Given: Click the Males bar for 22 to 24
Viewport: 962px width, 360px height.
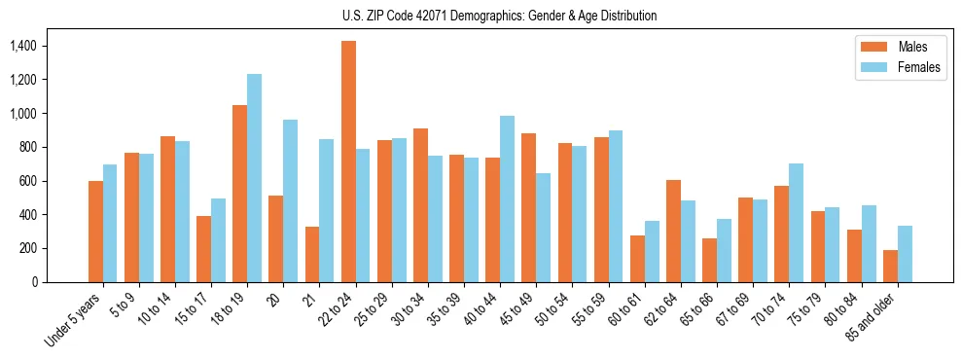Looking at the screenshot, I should [x=348, y=162].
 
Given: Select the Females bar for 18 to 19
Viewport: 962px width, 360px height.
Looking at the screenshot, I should [x=254, y=178].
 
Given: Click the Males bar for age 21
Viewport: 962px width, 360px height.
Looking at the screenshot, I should [x=312, y=254].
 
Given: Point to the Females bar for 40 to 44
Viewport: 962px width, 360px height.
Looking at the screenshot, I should [x=507, y=198].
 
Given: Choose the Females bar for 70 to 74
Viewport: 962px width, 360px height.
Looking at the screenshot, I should [x=796, y=223].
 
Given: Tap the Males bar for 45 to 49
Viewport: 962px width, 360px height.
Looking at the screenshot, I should [x=528, y=207].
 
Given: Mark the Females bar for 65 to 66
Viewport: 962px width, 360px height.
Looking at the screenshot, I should [x=724, y=250].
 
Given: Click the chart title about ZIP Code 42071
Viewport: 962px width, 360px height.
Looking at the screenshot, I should [x=499, y=16].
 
